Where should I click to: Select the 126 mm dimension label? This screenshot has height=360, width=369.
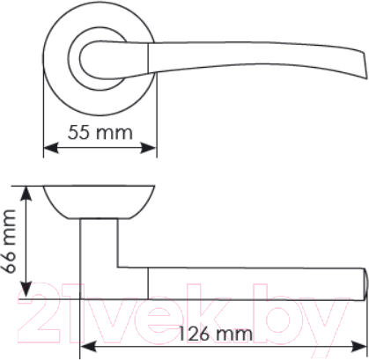[x=214, y=334]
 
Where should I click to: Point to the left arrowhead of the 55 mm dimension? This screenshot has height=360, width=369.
[x=48, y=148]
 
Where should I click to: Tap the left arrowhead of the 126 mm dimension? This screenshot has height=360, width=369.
[x=85, y=345]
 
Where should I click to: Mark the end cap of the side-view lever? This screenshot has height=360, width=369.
[x=361, y=283]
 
